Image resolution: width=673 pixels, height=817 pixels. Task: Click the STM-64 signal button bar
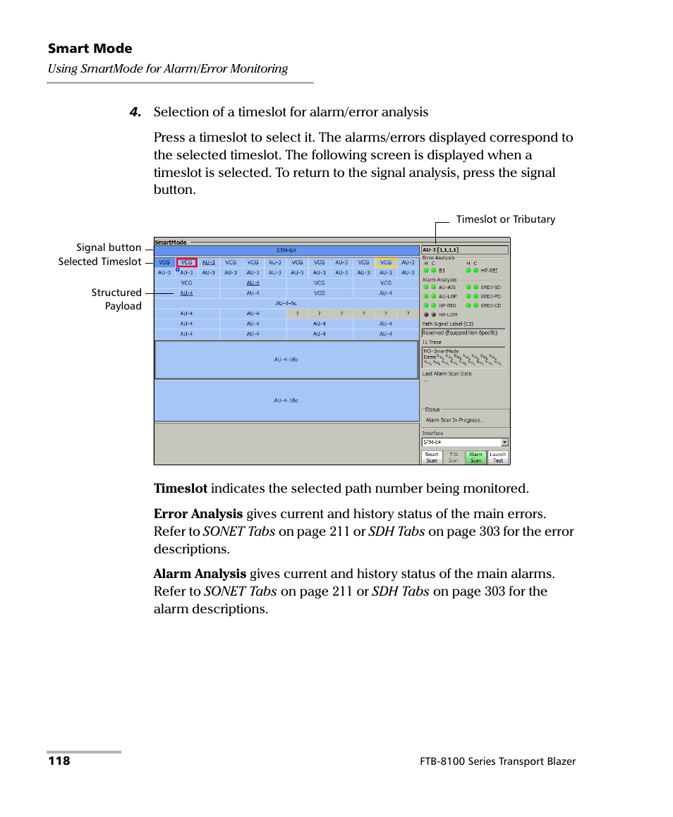286,250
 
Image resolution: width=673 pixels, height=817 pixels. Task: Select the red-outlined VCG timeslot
186,262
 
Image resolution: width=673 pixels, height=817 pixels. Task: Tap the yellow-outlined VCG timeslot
385,262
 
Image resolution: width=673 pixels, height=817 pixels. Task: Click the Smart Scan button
432,457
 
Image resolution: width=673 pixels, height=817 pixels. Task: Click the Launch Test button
498,457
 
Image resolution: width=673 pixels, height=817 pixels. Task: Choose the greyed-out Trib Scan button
454,457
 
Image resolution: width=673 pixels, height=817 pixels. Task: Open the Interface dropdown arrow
504,443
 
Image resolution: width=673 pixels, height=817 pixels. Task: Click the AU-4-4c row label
286,303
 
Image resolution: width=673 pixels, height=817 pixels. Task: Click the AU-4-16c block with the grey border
286,360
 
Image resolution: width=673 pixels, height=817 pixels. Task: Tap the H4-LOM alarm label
448,315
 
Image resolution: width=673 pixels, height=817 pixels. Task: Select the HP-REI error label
489,270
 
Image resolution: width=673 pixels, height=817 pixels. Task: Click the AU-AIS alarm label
447,288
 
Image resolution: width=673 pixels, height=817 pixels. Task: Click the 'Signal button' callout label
109,247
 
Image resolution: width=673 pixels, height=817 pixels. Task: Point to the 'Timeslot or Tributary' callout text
505,219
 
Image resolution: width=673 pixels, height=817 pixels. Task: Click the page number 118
59,761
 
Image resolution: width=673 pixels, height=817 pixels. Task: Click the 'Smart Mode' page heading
90,49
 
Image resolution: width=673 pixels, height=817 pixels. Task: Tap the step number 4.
135,112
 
